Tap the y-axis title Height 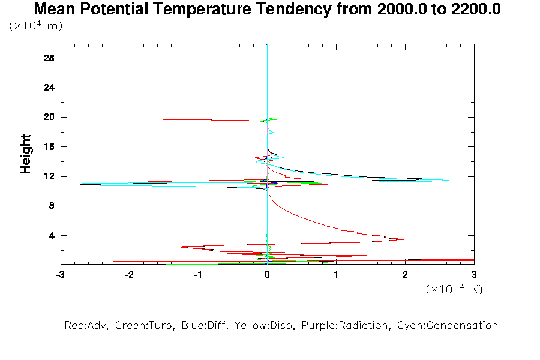(26, 154)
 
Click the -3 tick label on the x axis (60, 274)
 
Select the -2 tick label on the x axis (129, 274)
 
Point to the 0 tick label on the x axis (267, 274)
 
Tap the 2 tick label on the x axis (405, 274)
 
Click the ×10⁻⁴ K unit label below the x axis (454, 289)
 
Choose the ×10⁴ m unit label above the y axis (36, 26)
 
